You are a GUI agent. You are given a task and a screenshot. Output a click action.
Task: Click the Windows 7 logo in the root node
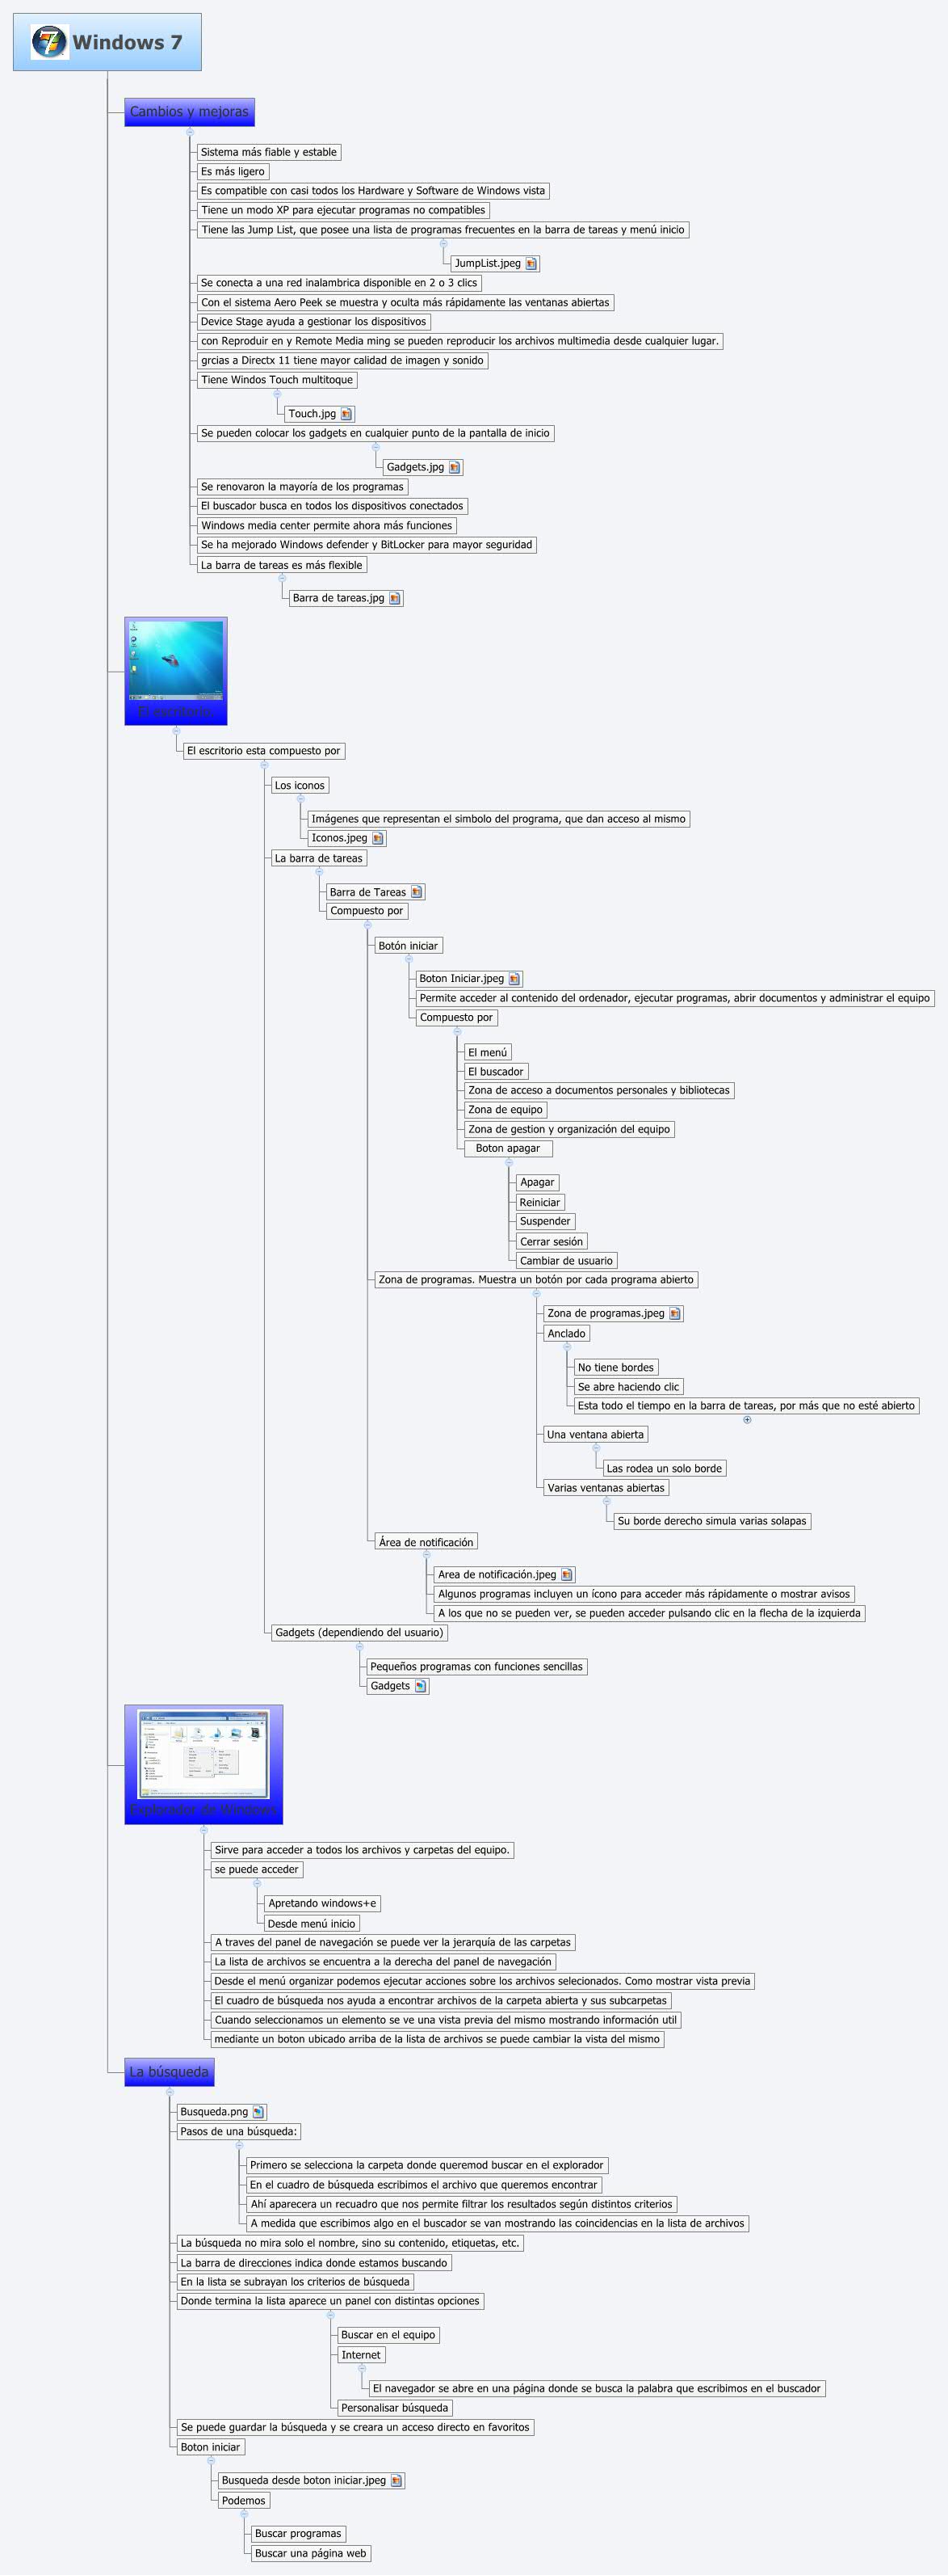point(49,42)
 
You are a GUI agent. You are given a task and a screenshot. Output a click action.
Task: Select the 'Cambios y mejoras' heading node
point(189,112)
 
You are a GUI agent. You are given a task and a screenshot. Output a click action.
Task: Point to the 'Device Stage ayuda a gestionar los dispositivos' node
point(313,322)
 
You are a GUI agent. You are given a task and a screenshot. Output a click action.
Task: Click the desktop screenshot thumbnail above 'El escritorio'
point(176,661)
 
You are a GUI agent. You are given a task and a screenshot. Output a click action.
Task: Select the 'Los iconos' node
point(300,786)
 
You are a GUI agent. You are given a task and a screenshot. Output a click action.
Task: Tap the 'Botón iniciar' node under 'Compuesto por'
point(408,946)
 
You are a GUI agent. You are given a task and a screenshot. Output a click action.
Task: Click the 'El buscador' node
point(496,1072)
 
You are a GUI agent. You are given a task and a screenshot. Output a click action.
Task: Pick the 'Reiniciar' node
point(539,1203)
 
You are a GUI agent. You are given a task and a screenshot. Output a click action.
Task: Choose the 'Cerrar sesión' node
point(552,1241)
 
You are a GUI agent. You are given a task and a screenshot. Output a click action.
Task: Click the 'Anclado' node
point(566,1334)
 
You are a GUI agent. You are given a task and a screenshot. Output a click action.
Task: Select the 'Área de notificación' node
point(426,1542)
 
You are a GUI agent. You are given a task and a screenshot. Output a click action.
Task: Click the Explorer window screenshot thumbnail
point(203,1755)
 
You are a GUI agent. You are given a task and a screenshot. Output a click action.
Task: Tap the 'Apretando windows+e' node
point(321,1903)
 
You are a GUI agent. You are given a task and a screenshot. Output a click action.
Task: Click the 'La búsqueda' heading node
point(169,2072)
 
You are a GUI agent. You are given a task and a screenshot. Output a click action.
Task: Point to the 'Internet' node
point(361,2354)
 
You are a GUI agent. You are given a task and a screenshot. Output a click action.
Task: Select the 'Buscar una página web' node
point(311,2553)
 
